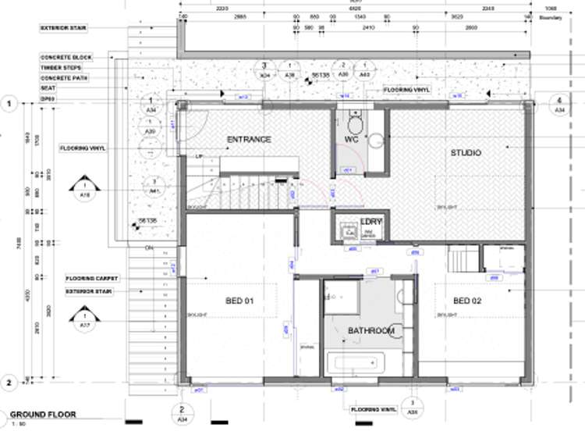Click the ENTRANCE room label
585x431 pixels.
pyautogui.click(x=249, y=140)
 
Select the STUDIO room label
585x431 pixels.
pyautogui.click(x=466, y=152)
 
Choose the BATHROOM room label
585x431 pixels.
pyautogui.click(x=370, y=331)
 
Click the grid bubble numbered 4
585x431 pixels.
pyautogui.click(x=558, y=104)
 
